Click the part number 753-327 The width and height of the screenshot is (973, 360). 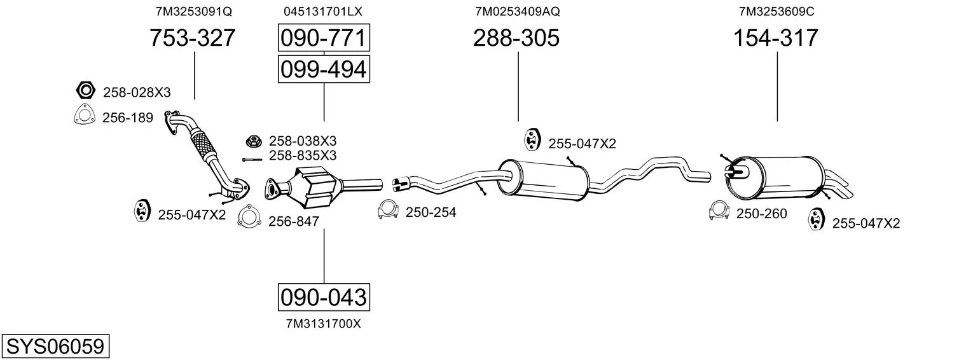[x=193, y=38]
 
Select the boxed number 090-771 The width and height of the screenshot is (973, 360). [x=324, y=38]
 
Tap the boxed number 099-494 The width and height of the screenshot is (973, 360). [x=324, y=69]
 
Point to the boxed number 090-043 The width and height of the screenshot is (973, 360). [x=324, y=298]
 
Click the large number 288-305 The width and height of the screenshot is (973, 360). [x=516, y=38]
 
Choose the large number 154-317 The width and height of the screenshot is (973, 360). [x=776, y=38]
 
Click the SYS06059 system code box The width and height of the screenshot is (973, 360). [x=55, y=347]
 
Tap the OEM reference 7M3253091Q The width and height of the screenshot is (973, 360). [x=194, y=11]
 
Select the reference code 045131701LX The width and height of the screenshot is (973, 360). [x=322, y=11]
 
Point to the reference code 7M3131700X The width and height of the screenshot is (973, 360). [x=324, y=324]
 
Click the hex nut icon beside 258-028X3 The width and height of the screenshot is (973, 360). [x=86, y=90]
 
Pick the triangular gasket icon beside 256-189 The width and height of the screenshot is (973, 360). [x=85, y=115]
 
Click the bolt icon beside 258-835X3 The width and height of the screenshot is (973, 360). [x=252, y=160]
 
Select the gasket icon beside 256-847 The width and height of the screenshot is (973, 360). [x=249, y=216]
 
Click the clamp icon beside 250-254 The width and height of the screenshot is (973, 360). [x=389, y=210]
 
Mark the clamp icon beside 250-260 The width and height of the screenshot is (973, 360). [x=719, y=211]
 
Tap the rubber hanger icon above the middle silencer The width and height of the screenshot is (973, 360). [x=532, y=140]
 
